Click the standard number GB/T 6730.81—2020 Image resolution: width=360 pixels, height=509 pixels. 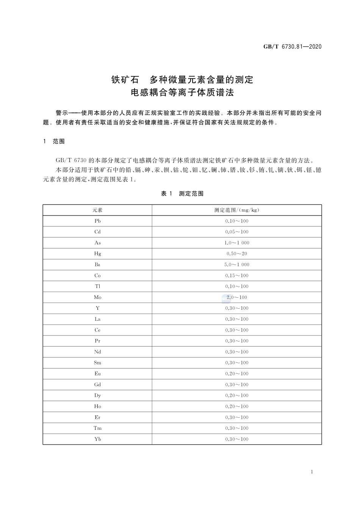click(x=292, y=47)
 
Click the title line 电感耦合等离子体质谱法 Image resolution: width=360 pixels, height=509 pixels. click(x=182, y=92)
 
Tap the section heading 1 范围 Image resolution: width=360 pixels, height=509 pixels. click(x=54, y=141)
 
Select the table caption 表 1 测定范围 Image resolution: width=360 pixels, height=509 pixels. click(x=182, y=194)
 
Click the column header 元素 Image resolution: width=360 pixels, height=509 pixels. click(x=97, y=210)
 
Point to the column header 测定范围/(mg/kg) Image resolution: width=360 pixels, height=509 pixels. click(x=237, y=210)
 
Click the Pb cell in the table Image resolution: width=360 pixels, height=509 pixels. click(x=97, y=221)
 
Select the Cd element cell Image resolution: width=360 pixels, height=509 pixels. click(x=97, y=232)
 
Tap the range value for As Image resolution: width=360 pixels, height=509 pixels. click(x=237, y=243)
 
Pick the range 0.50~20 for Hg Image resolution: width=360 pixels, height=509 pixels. click(x=237, y=254)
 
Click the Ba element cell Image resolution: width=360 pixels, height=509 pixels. click(x=97, y=264)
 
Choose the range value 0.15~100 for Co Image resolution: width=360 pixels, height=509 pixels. click(x=237, y=275)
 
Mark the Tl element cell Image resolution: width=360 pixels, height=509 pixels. click(x=97, y=286)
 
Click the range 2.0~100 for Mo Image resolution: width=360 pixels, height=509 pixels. click(x=237, y=297)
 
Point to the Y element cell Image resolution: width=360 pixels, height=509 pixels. click(x=97, y=308)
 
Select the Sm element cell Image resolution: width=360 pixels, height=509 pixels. click(x=97, y=363)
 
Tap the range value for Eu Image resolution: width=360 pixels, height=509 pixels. click(x=237, y=374)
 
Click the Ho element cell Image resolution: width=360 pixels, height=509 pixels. click(x=97, y=406)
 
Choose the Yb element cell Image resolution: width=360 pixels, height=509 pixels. click(x=97, y=439)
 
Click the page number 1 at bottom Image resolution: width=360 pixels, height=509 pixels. click(x=311, y=472)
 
